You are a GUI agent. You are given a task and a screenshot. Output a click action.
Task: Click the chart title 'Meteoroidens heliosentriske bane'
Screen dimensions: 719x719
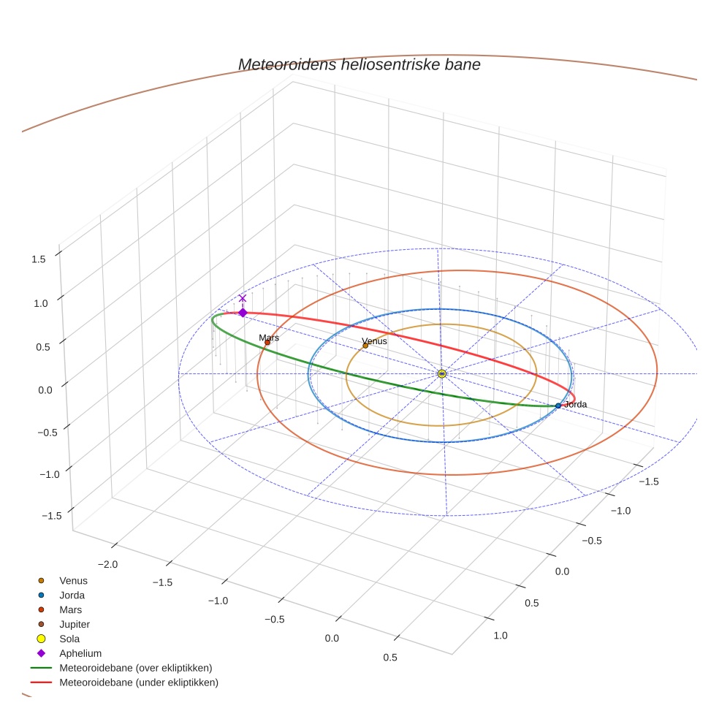pos(359,64)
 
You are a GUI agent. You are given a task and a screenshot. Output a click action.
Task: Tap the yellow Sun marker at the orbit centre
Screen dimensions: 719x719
pos(441,373)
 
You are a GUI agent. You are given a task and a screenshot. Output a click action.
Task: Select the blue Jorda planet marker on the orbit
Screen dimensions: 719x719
pos(558,406)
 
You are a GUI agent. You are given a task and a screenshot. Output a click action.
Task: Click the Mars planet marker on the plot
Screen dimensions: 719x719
pos(267,342)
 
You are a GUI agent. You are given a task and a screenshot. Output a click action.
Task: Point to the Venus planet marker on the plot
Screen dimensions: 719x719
pos(365,346)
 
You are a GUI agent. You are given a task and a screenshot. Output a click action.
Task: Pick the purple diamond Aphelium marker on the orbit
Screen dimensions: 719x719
pos(243,313)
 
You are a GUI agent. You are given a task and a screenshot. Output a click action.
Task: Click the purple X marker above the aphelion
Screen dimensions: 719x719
pos(243,298)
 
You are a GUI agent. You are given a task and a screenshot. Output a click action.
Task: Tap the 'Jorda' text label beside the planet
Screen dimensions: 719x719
pos(575,404)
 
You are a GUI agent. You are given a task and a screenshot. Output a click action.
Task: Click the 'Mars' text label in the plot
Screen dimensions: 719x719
pos(269,338)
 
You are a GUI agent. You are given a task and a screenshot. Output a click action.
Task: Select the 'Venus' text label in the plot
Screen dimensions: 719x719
pos(375,341)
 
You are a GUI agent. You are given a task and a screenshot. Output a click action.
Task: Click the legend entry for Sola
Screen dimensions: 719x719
pos(69,639)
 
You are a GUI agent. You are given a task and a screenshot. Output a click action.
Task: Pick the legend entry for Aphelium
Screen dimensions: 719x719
pos(80,653)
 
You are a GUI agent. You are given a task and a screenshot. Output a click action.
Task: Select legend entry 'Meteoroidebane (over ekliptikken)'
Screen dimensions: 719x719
pos(135,668)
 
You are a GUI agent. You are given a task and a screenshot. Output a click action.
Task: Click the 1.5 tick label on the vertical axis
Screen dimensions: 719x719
pos(39,259)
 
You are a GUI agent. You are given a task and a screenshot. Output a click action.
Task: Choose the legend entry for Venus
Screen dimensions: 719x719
pos(73,581)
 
